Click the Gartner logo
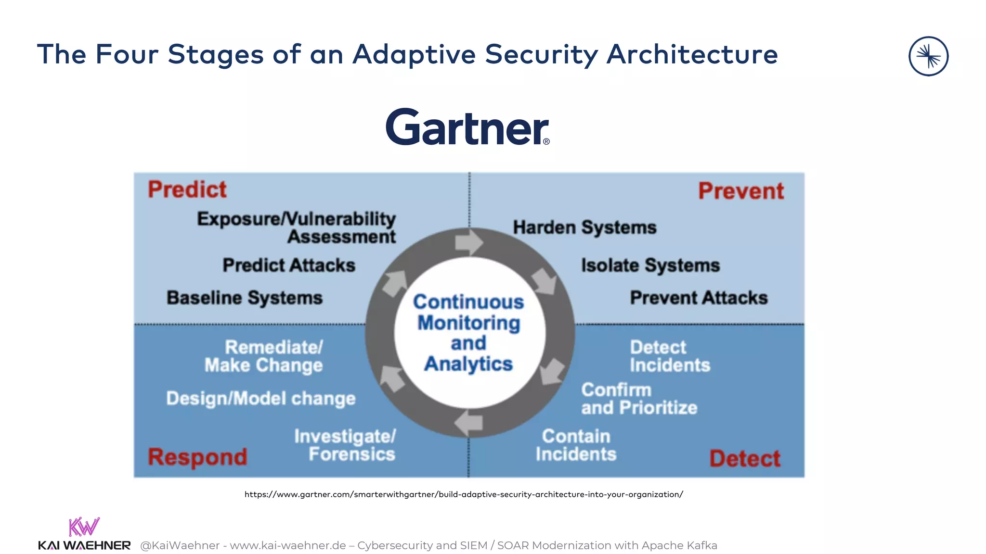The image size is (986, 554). pyautogui.click(x=467, y=127)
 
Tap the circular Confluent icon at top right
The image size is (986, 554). pyautogui.click(x=928, y=56)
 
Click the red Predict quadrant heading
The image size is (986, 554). pyautogui.click(x=187, y=189)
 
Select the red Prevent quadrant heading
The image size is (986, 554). pyautogui.click(x=741, y=191)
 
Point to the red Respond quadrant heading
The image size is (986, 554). pyautogui.click(x=197, y=457)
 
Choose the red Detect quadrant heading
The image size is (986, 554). pyautogui.click(x=744, y=458)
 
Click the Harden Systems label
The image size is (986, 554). pyautogui.click(x=584, y=227)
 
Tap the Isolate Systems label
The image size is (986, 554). pyautogui.click(x=650, y=265)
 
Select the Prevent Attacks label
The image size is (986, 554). pyautogui.click(x=699, y=298)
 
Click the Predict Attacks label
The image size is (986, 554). pyautogui.click(x=289, y=265)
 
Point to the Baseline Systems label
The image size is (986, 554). pyautogui.click(x=245, y=298)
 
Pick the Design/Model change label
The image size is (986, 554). pyautogui.click(x=261, y=398)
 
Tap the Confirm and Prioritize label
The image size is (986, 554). pyautogui.click(x=638, y=399)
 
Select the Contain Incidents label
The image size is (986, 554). pyautogui.click(x=576, y=445)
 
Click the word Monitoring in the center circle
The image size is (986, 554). pyautogui.click(x=469, y=323)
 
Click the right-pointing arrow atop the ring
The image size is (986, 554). pyautogui.click(x=468, y=242)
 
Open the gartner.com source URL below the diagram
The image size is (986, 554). pyautogui.click(x=464, y=494)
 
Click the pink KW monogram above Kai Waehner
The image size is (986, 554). pyautogui.click(x=84, y=527)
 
